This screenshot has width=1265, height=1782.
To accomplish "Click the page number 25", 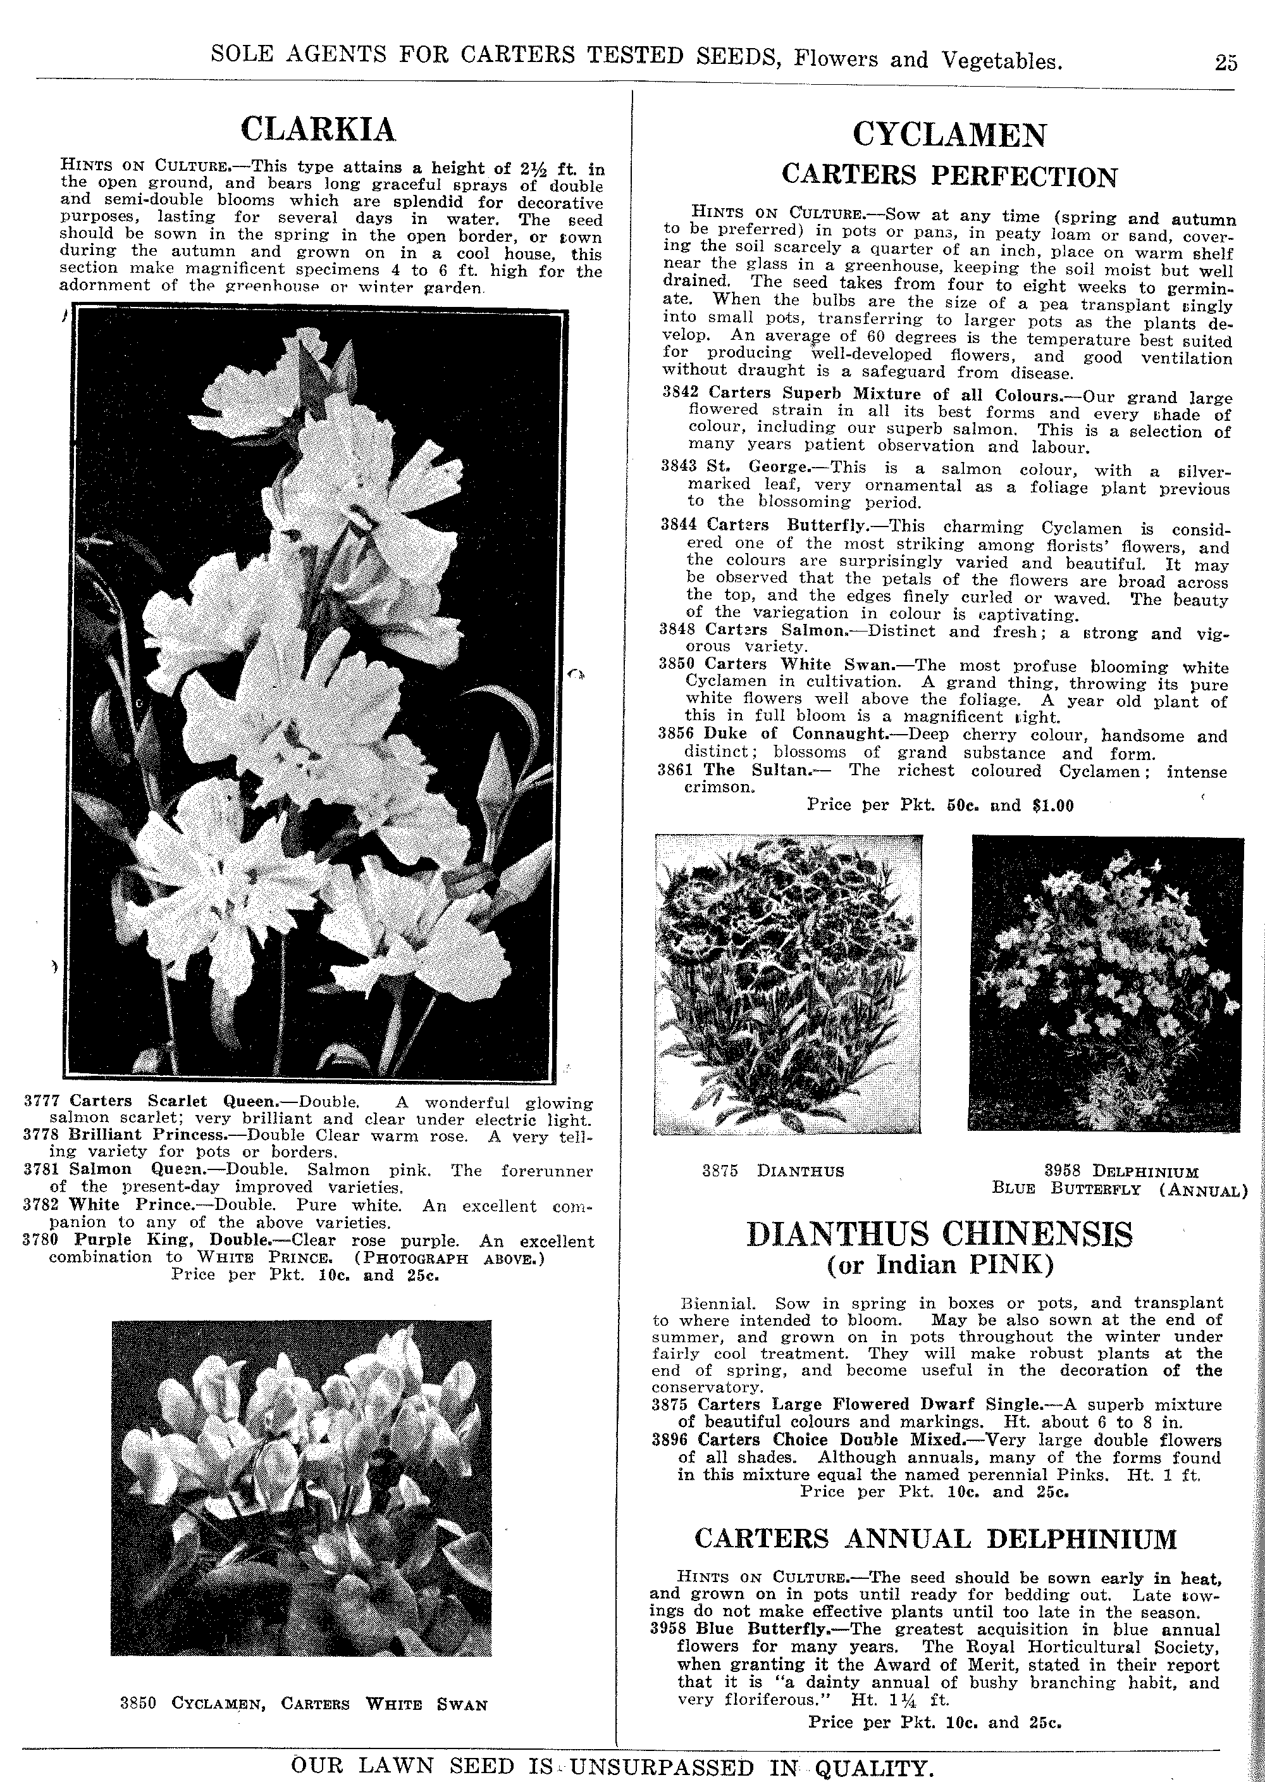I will coord(1225,63).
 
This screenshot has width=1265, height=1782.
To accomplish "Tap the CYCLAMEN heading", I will coord(949,135).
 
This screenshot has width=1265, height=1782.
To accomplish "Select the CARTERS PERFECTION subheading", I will coord(949,175).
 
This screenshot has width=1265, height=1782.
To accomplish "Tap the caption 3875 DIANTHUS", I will coord(773,1171).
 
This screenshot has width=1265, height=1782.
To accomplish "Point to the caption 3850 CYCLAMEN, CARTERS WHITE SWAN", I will coord(303,1704).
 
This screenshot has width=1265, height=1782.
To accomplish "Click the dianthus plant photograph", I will coord(788,984).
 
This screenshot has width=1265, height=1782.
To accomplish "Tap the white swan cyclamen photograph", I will coord(302,1488).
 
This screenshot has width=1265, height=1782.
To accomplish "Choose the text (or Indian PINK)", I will coord(939,1264).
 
